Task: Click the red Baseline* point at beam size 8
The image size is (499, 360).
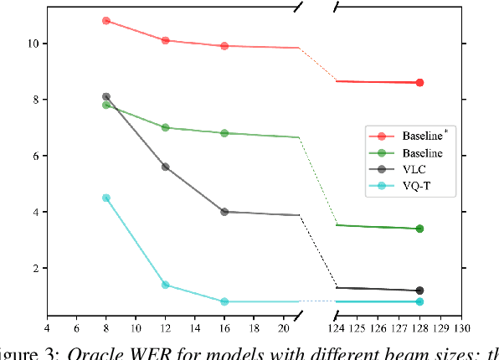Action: point(106,20)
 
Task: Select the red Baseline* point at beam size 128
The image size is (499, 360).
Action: point(419,83)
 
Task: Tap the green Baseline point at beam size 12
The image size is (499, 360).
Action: point(165,127)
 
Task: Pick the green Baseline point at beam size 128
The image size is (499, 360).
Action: point(419,229)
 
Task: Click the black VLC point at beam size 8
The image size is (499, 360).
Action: point(106,97)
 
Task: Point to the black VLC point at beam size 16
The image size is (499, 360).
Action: point(224,212)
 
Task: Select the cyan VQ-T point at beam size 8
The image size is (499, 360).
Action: point(106,198)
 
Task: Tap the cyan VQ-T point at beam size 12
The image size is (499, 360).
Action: point(165,285)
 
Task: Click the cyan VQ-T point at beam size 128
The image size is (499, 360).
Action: point(419,301)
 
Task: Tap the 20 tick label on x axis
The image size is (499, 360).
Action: point(283,328)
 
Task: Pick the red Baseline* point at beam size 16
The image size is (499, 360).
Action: point(224,46)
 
